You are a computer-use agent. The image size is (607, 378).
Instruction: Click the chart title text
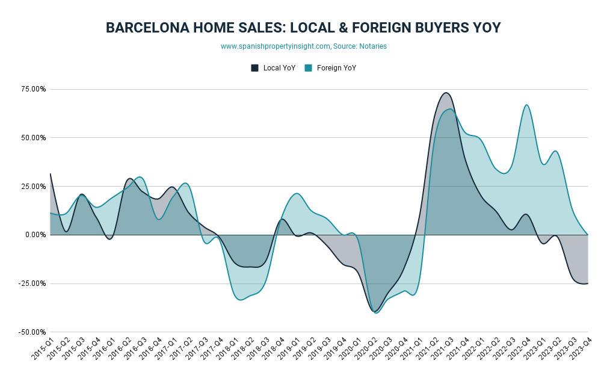303,28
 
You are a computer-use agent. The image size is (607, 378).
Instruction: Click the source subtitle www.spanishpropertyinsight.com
303,46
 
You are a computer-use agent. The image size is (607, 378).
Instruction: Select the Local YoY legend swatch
254,68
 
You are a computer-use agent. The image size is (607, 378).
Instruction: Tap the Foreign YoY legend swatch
308,68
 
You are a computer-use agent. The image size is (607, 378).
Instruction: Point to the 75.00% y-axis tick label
34,89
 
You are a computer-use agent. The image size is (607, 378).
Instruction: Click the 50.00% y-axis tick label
34,138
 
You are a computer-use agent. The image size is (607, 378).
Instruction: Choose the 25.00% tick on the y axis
34,187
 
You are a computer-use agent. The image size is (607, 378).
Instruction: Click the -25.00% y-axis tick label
32,283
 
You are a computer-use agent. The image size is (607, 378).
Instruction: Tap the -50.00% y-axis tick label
32,332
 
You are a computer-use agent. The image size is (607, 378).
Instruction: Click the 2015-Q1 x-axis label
42,349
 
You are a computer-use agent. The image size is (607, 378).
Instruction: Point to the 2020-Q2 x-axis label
364,349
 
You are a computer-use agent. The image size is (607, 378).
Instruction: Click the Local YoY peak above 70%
446,93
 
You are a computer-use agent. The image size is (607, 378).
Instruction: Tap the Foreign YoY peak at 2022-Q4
526,105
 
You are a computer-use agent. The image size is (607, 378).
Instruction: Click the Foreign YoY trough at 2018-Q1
241,300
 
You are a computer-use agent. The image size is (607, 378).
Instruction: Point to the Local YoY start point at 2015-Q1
51,174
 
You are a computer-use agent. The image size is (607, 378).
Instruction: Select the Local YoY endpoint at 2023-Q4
587,283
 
